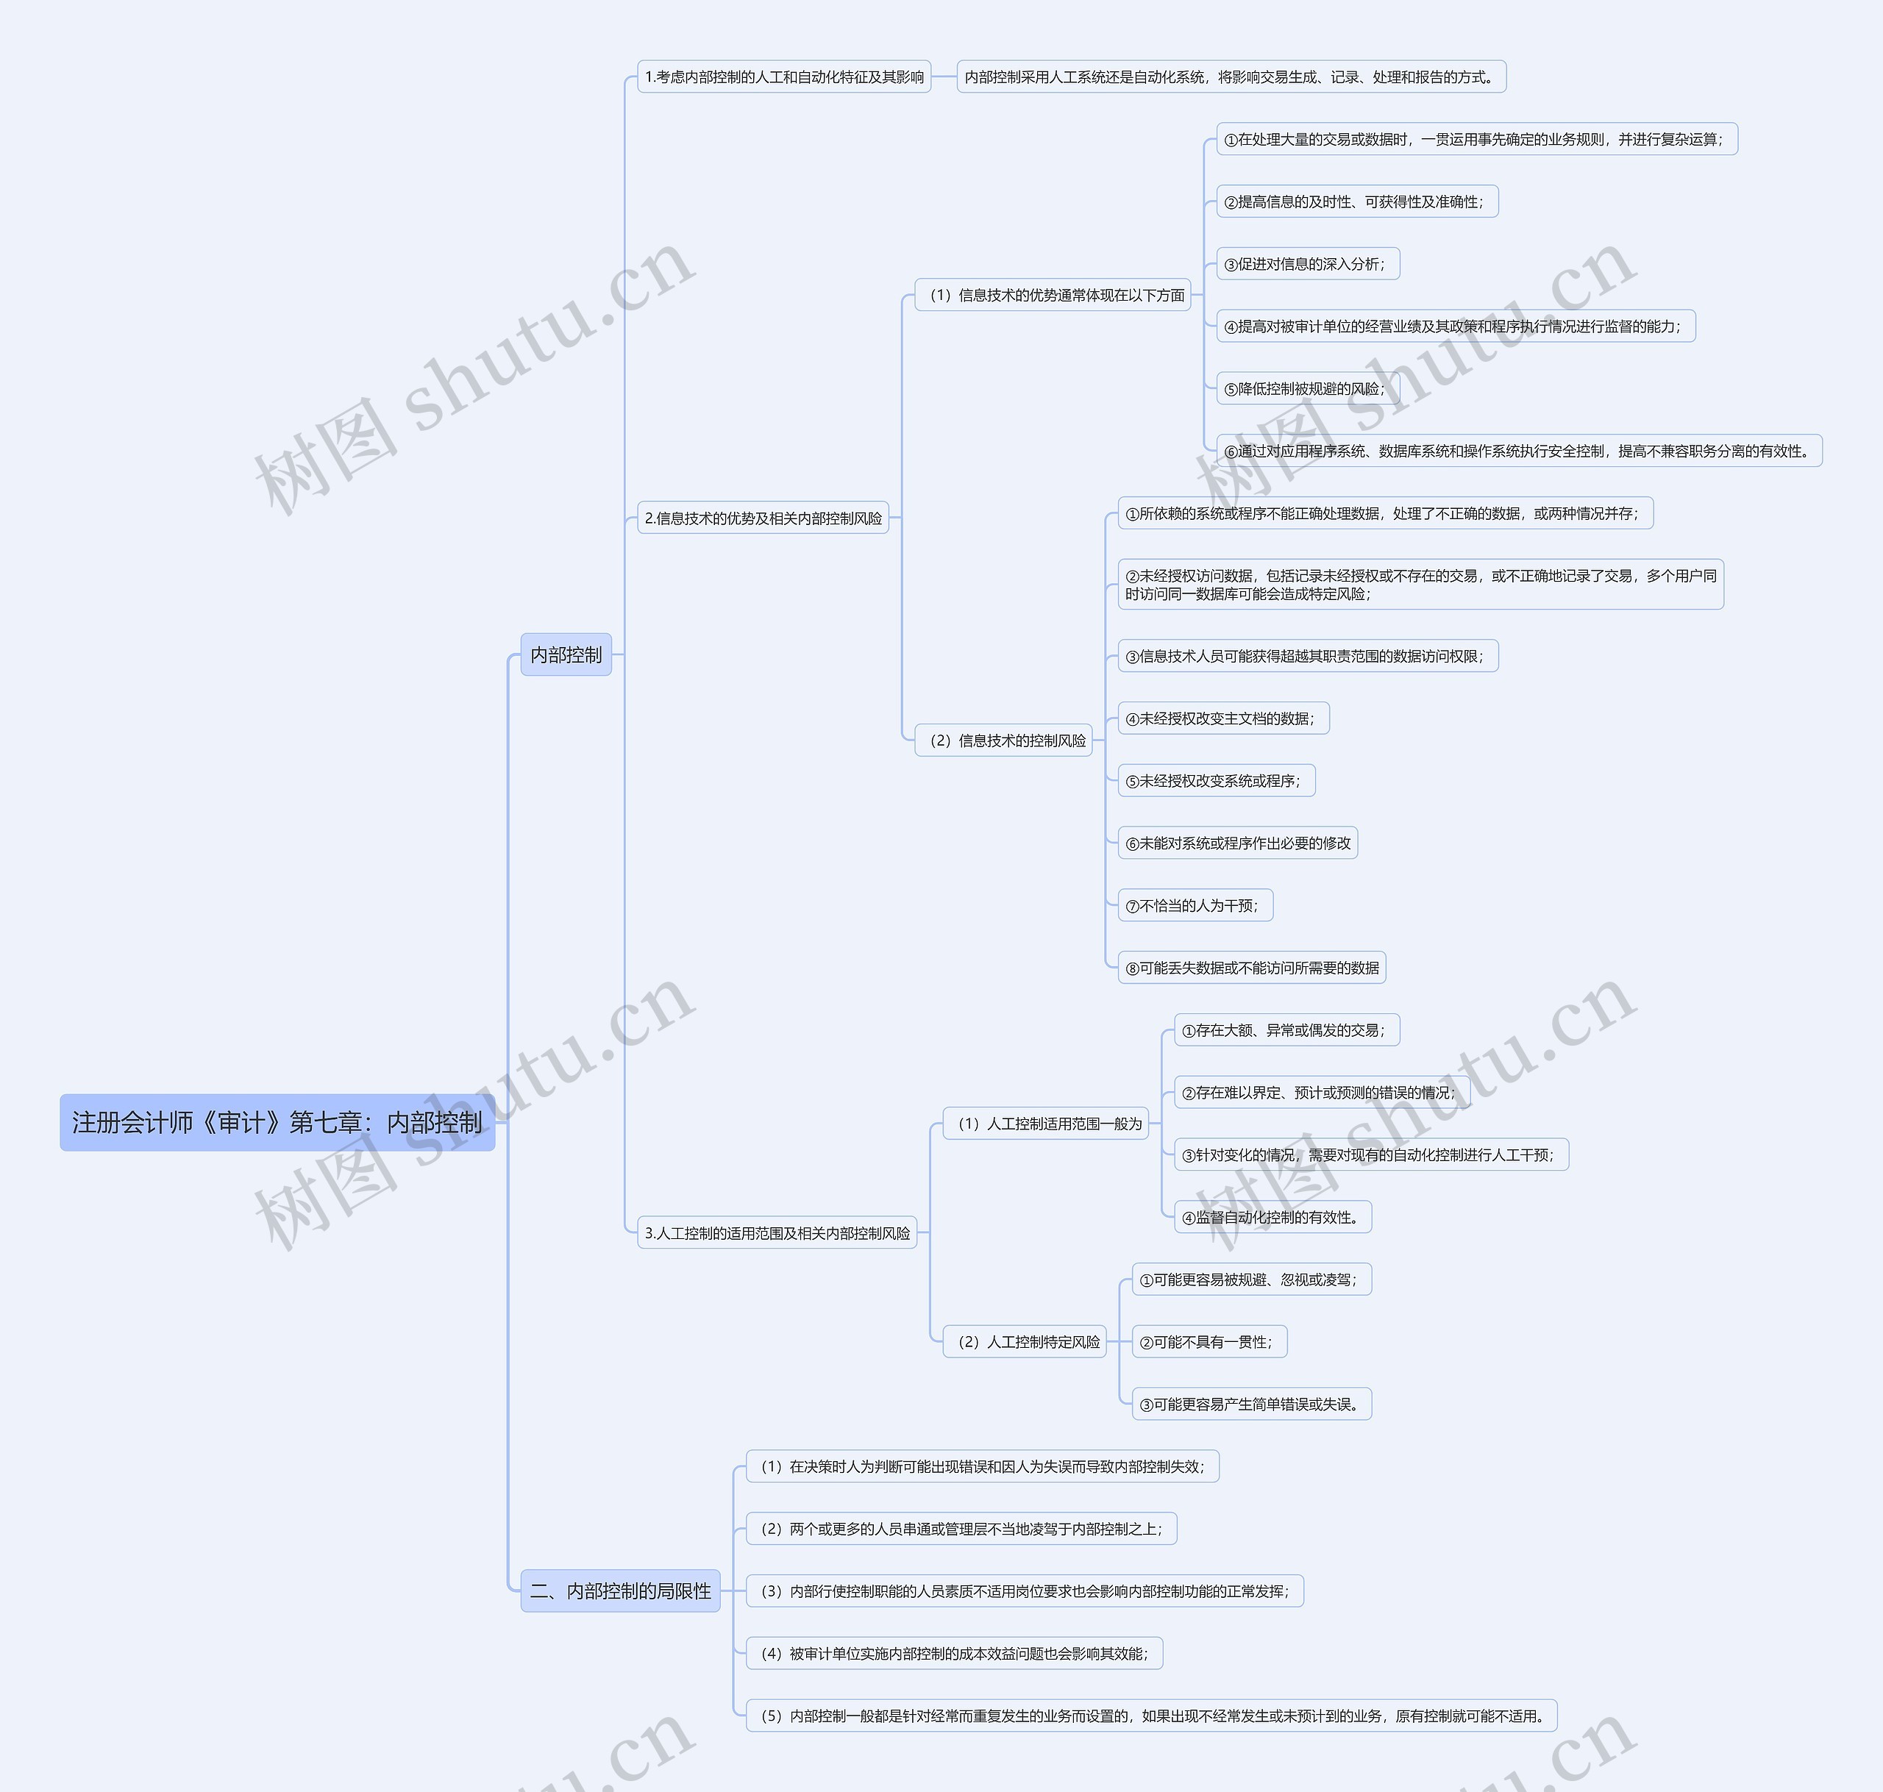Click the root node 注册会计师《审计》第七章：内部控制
point(277,1122)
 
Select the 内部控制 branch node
point(566,654)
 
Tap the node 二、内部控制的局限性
point(620,1591)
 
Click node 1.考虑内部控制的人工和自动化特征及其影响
point(783,76)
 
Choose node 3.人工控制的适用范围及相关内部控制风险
point(777,1232)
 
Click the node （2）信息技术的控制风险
point(1003,740)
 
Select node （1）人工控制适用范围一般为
point(1045,1124)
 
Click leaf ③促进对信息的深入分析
point(1308,264)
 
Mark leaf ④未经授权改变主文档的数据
point(1223,718)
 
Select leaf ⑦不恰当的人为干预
point(1195,905)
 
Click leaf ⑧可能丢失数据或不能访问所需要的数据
point(1251,968)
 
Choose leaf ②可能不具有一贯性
point(1209,1341)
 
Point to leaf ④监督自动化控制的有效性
point(1272,1217)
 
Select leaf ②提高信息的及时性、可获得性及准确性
point(1356,201)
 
